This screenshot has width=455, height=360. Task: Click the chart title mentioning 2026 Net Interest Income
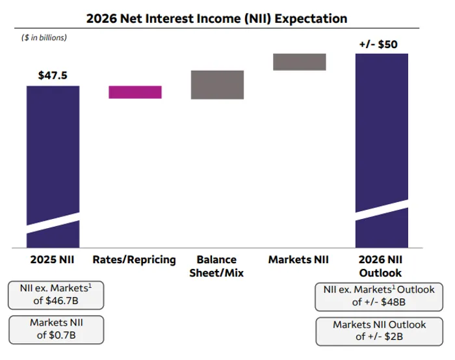pos(216,18)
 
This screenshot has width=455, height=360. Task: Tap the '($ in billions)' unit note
pos(44,38)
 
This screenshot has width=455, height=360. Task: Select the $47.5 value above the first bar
pos(53,75)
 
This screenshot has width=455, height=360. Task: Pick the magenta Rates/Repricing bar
pos(135,92)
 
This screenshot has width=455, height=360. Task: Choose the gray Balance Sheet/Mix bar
pos(217,84)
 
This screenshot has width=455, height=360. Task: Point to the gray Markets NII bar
pos(299,61)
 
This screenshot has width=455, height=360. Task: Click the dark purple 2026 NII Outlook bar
pos(382,130)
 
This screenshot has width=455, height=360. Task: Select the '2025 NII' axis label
pos(53,260)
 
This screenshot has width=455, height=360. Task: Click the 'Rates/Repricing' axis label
pos(135,260)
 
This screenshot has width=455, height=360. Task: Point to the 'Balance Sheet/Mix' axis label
pos(216,266)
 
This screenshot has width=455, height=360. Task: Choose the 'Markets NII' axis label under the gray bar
pos(298,260)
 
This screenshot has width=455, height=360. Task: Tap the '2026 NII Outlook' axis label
pos(381,266)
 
